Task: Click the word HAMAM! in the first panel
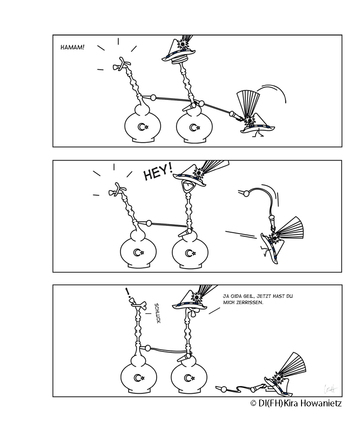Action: [72, 47]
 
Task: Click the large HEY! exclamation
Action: [158, 172]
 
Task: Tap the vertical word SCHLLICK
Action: [157, 313]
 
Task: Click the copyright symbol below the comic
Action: [253, 404]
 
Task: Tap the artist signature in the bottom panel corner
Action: [330, 389]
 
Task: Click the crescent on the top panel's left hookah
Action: [141, 127]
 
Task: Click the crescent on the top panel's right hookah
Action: [193, 127]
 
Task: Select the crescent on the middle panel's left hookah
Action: [137, 252]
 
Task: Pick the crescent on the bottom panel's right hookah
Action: [188, 378]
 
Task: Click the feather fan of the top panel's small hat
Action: [248, 104]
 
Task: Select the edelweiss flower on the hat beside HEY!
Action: [198, 173]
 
